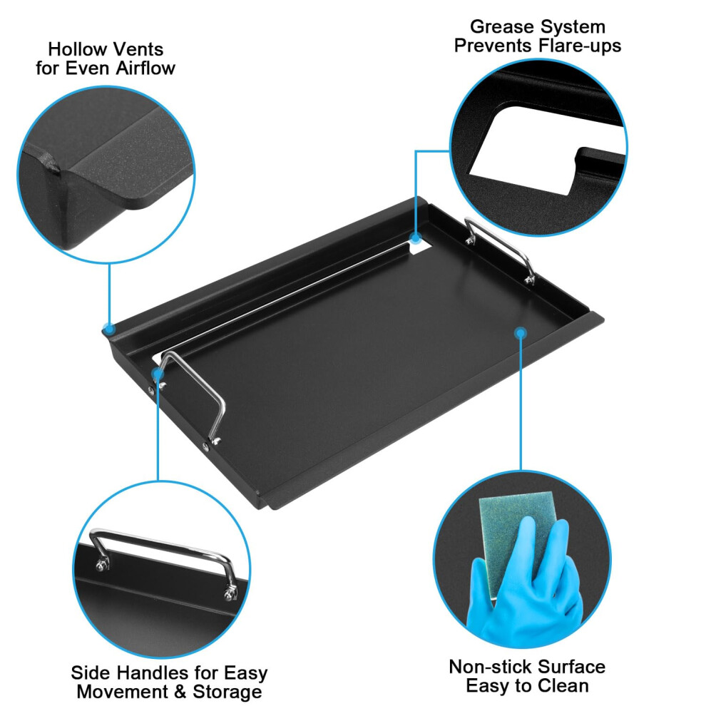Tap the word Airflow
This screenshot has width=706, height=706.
point(145,68)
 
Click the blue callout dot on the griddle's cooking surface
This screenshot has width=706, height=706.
point(521,333)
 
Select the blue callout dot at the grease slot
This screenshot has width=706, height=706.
point(416,239)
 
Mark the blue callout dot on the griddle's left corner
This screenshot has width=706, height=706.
point(109,329)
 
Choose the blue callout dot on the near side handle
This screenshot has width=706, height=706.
point(158,374)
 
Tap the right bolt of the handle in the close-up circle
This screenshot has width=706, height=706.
point(230,594)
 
